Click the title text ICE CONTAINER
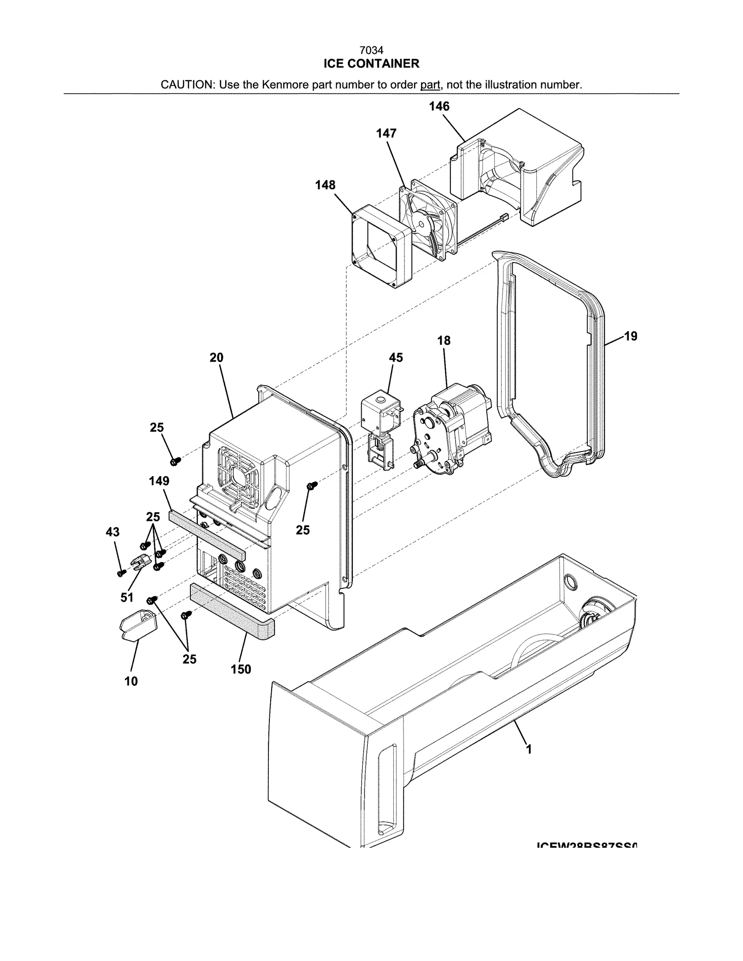click(x=371, y=64)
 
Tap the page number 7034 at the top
click(x=371, y=50)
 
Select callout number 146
click(x=439, y=106)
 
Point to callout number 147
click(x=386, y=134)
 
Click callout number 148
click(x=325, y=185)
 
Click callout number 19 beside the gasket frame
click(x=631, y=336)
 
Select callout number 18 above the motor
click(x=443, y=341)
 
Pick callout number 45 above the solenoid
click(x=396, y=358)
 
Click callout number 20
click(x=216, y=358)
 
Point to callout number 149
click(x=159, y=481)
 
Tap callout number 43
click(x=113, y=532)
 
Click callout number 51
click(x=127, y=598)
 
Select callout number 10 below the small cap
click(x=131, y=681)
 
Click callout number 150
click(x=241, y=669)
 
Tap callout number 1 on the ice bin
click(x=528, y=749)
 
